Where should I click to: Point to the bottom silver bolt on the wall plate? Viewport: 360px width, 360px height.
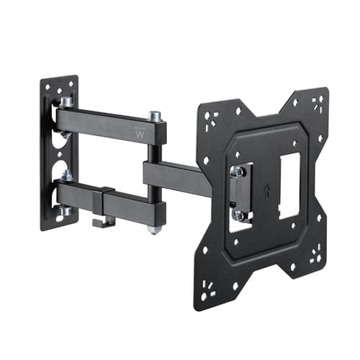[x=66, y=210]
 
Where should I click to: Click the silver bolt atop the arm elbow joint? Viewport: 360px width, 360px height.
[x=154, y=116]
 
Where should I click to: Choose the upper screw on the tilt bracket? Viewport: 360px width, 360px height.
[x=236, y=171]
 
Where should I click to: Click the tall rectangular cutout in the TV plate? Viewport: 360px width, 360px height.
[x=289, y=186]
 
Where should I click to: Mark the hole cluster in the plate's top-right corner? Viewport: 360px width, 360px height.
[x=317, y=102]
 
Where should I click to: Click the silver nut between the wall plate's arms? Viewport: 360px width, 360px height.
[x=66, y=175]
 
